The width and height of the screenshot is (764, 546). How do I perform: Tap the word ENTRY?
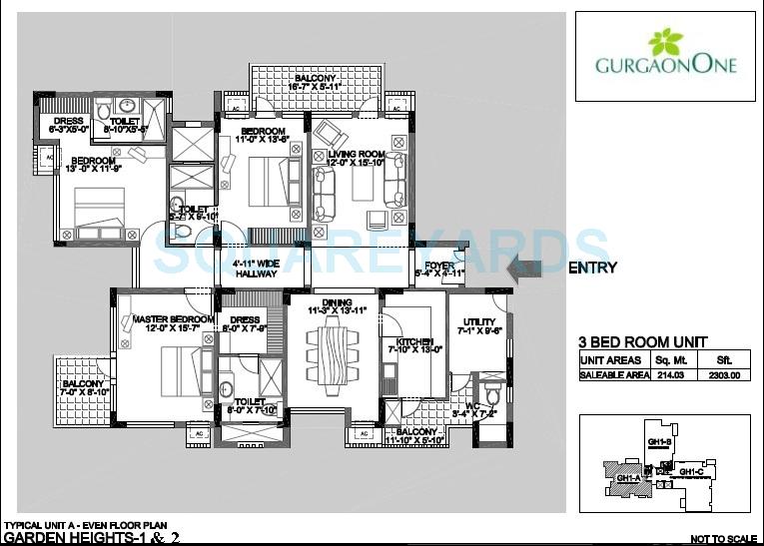592,268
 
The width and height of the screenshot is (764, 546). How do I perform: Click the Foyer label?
439,267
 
